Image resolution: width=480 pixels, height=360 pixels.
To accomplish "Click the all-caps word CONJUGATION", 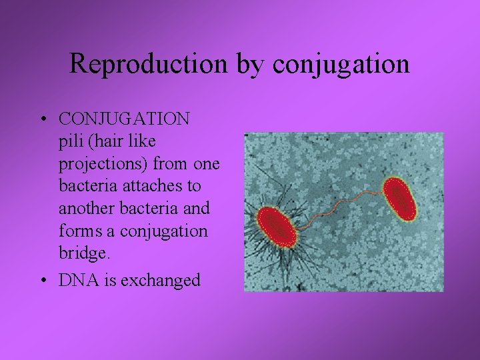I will (x=124, y=119).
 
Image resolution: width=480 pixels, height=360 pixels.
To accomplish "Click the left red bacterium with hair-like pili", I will (x=277, y=227).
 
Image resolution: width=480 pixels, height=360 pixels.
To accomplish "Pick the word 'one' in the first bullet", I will (x=207, y=165).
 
